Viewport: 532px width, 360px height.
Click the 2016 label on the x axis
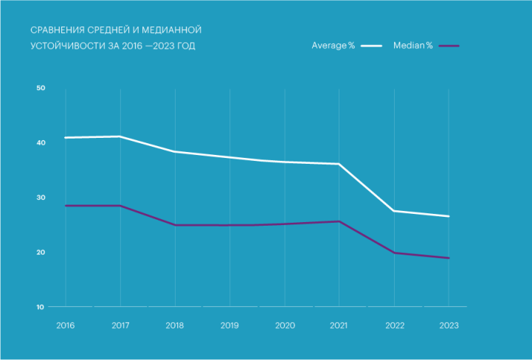65,325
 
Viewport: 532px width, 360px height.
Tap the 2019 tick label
229,325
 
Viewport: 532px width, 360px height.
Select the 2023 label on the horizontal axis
449,325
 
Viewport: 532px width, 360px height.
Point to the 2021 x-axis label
339,325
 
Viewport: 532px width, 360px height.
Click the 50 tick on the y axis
41,89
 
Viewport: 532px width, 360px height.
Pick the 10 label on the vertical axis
41,307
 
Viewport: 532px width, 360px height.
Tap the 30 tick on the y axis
41,198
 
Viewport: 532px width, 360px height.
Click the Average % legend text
334,46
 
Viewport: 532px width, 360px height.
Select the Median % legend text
413,46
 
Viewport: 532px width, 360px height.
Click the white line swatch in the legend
371,46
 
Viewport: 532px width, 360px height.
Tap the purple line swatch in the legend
449,46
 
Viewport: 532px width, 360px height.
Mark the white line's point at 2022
394,211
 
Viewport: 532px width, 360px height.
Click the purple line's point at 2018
175,225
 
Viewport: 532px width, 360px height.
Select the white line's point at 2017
120,136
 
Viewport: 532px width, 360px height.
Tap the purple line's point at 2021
339,221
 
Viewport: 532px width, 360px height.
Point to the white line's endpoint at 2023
449,216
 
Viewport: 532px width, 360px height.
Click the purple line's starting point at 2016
66,206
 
